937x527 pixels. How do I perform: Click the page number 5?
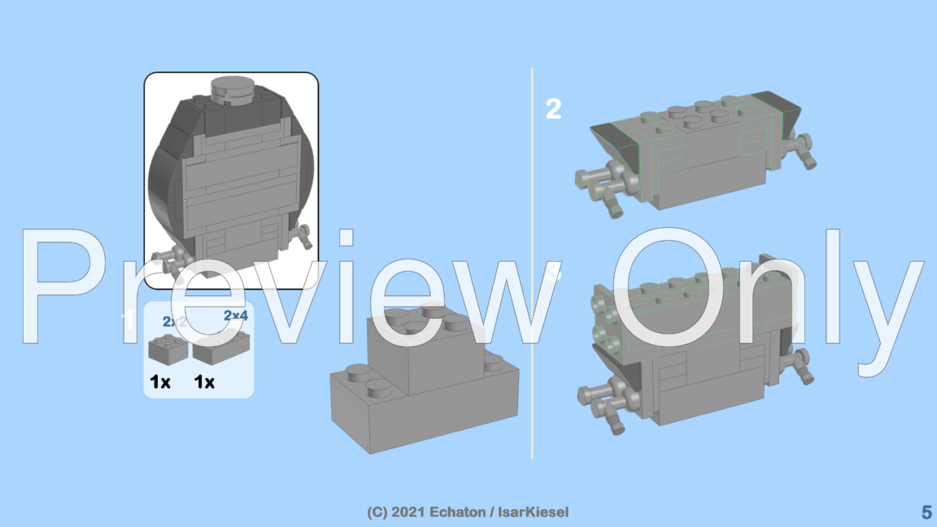click(926, 512)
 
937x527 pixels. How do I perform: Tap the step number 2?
click(553, 109)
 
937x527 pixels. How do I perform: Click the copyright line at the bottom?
click(468, 512)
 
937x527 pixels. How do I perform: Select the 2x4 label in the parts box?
click(235, 315)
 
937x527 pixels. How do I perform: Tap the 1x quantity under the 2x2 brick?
click(160, 381)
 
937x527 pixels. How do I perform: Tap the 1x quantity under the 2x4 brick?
click(204, 381)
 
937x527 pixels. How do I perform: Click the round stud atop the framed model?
click(232, 89)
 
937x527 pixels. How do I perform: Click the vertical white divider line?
click(532, 260)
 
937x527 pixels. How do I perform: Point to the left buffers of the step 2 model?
click(600, 182)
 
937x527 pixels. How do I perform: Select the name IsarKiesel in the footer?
click(532, 512)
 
